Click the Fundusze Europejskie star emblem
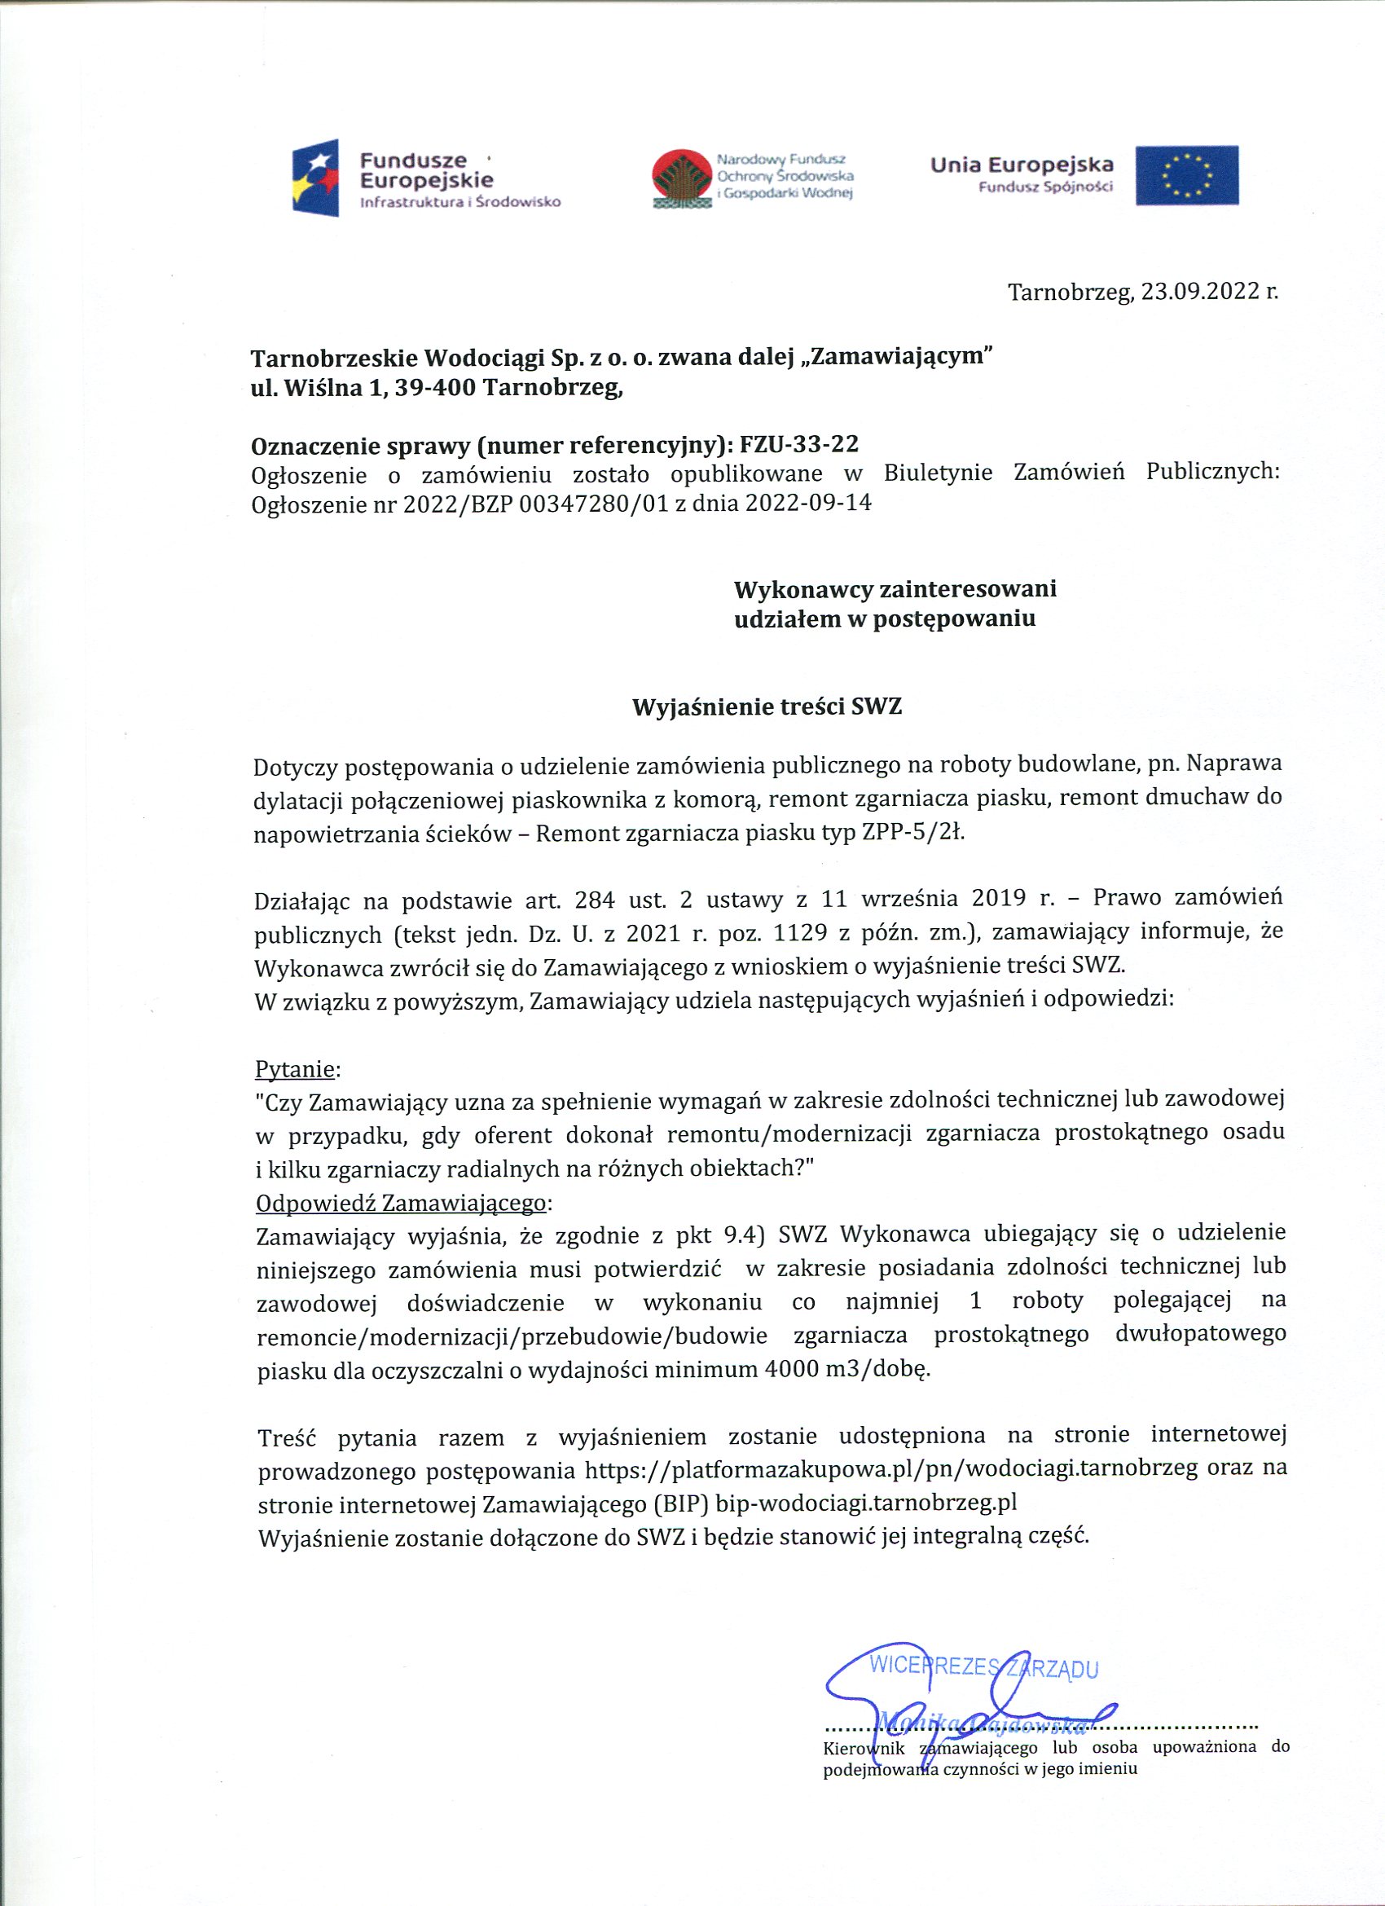tap(316, 178)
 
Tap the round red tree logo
tap(681, 178)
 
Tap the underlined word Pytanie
tap(294, 1069)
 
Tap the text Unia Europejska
tap(1021, 165)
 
